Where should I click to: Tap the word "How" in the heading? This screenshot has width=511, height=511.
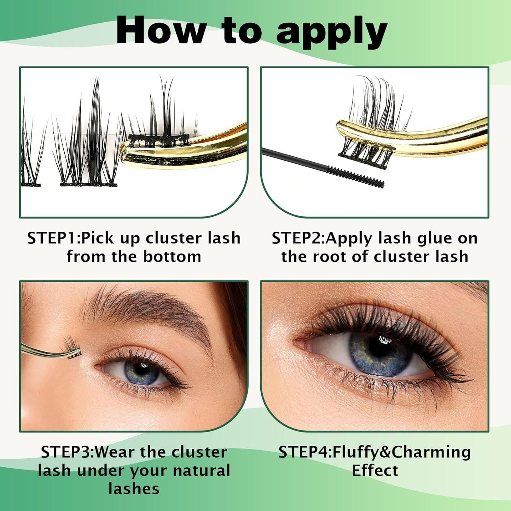(161, 31)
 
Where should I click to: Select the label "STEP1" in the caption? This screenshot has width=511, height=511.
(52, 238)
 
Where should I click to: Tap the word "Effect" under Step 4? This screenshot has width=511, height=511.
(375, 471)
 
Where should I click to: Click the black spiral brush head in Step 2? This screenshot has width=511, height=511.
(355, 177)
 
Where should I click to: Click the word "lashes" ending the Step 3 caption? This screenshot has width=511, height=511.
(134, 489)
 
